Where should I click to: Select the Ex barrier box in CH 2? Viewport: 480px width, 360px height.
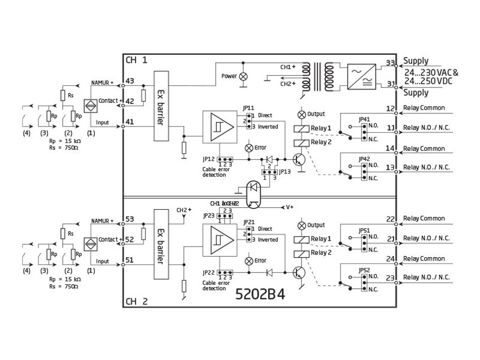[161, 244]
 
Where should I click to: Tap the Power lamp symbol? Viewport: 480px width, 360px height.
[244, 76]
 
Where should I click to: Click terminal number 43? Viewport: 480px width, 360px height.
[130, 81]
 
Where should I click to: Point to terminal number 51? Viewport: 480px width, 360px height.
[130, 261]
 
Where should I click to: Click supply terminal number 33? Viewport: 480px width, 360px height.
[390, 63]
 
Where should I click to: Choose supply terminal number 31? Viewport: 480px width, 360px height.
[390, 85]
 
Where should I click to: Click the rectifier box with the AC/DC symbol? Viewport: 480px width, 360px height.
[359, 75]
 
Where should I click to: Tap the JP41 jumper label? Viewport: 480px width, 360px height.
[364, 119]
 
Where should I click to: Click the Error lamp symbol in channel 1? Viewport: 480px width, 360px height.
[248, 148]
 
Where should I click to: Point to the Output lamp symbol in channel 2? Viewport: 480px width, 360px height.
[302, 225]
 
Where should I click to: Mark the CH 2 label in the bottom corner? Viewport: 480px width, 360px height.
[137, 301]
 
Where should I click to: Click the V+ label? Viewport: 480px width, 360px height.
[289, 207]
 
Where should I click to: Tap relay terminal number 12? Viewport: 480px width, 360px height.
[390, 108]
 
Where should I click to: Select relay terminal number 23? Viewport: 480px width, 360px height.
[390, 277]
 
